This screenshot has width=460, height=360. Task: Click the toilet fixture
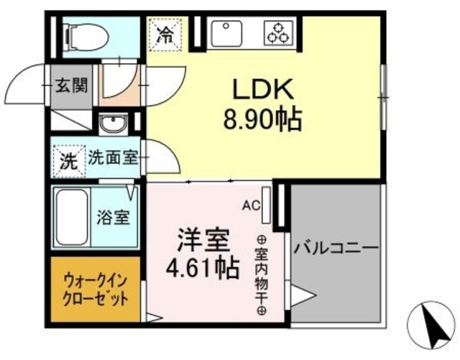pyautogui.click(x=83, y=33)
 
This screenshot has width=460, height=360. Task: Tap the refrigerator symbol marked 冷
pyautogui.click(x=165, y=33)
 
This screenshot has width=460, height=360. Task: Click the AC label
pyautogui.click(x=249, y=206)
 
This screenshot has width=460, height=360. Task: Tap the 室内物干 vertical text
pyautogui.click(x=261, y=276)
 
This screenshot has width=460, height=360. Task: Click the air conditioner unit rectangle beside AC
pyautogui.click(x=267, y=205)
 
